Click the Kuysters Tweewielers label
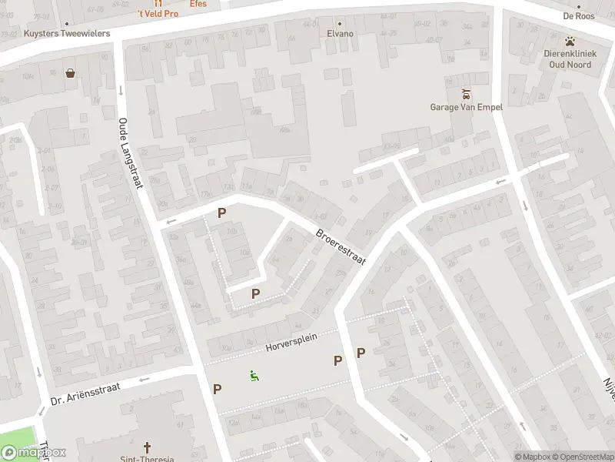tap(67, 34)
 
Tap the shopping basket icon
tap(71, 74)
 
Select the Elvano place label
tap(340, 34)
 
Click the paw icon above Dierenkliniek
tap(570, 41)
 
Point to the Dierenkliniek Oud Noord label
tap(567, 59)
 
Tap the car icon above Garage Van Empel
tap(466, 94)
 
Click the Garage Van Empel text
tap(466, 107)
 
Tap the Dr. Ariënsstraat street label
tap(86, 391)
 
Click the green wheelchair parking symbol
tap(254, 375)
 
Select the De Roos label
tap(579, 15)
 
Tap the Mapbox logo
tap(34, 453)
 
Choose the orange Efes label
tap(198, 4)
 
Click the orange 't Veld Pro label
tap(158, 14)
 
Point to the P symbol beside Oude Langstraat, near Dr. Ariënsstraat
tap(217, 389)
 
